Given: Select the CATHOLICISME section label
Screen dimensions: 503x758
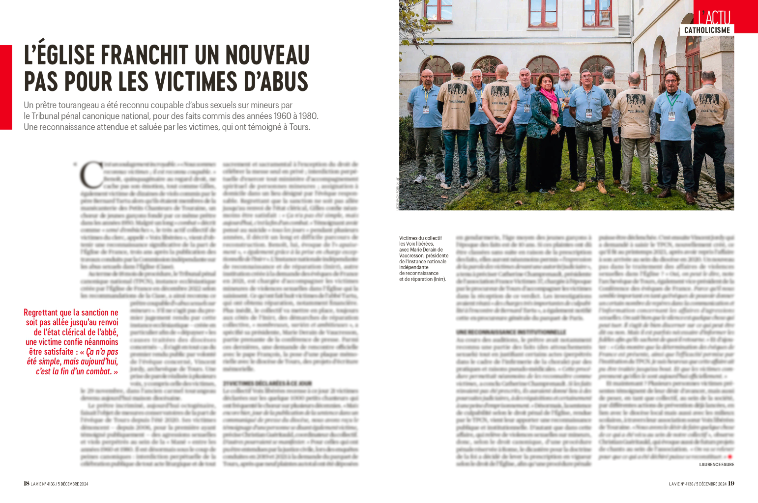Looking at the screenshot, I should tap(707, 30).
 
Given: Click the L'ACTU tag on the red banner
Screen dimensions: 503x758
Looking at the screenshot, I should tap(714, 17).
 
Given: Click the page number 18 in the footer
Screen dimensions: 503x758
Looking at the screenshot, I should tap(27, 483).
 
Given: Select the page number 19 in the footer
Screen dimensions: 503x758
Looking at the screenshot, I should tap(731, 483).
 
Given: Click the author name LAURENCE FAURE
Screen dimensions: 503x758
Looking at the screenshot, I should tap(716, 464).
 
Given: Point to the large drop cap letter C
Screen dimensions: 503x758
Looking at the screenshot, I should tap(91, 175).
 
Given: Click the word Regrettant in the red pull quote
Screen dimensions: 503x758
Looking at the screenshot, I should tap(41, 313).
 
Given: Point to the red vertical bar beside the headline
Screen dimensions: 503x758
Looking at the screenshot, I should tap(6, 87).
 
